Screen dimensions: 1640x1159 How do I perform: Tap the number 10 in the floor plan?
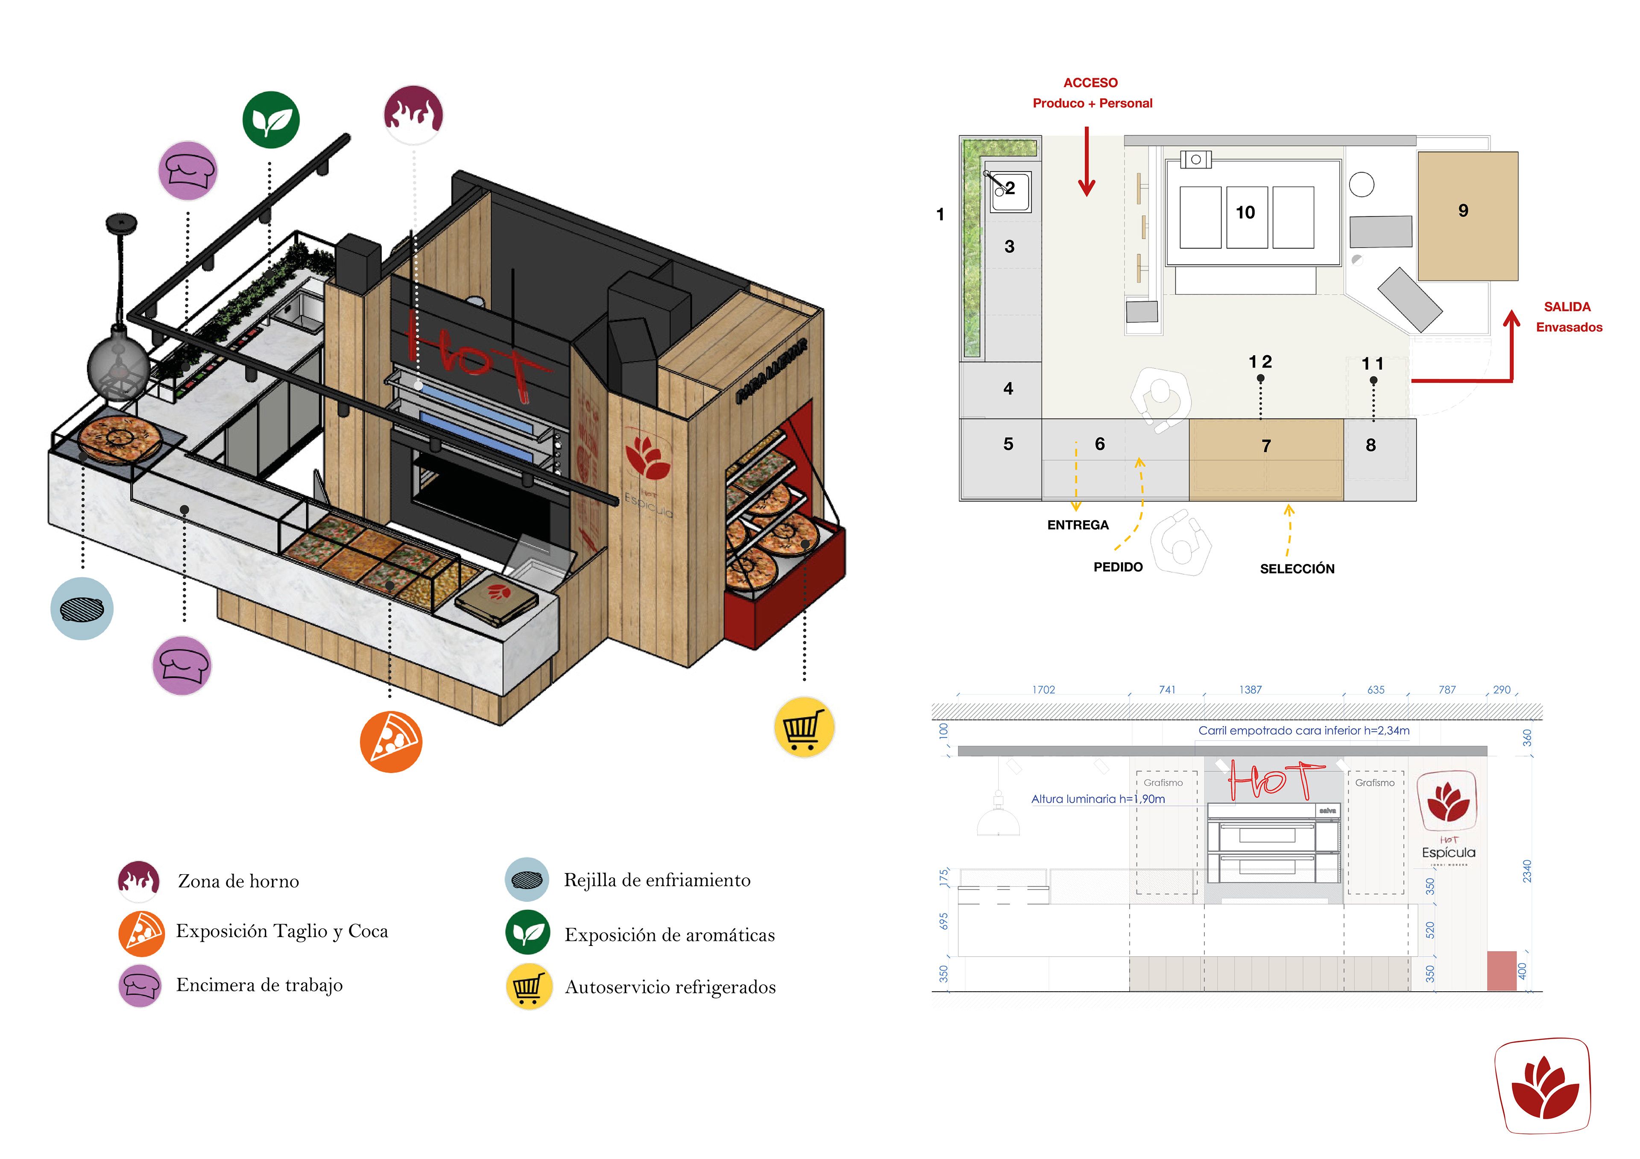1245,213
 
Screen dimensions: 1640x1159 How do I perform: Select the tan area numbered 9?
1467,215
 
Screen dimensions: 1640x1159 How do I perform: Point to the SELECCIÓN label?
1297,569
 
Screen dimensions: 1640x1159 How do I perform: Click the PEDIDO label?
1118,567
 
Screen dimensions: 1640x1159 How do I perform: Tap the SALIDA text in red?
1567,307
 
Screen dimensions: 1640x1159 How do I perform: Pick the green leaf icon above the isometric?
271,120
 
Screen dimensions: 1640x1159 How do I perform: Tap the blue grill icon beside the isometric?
82,608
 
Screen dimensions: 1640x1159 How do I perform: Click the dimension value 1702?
1043,690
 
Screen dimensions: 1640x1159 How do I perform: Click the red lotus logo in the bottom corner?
1543,1086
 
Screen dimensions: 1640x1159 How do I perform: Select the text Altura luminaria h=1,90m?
1098,799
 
